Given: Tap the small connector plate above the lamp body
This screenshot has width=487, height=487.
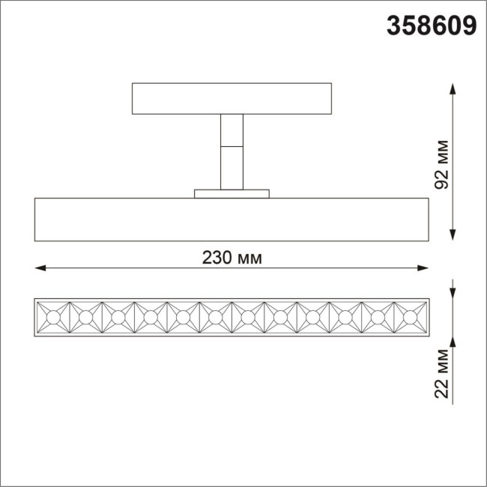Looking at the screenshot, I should tap(231, 193).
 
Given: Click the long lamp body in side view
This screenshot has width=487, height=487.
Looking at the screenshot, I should tap(231, 220).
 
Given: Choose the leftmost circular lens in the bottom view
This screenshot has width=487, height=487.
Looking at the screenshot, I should tap(53, 318).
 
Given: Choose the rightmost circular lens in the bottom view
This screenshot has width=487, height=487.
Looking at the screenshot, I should tap(410, 318).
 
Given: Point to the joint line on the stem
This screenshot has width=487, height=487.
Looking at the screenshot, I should tap(231, 145).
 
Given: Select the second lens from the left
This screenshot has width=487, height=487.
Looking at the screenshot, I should tap(85, 318).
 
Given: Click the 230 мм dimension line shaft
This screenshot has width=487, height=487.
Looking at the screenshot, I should tap(135, 267).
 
